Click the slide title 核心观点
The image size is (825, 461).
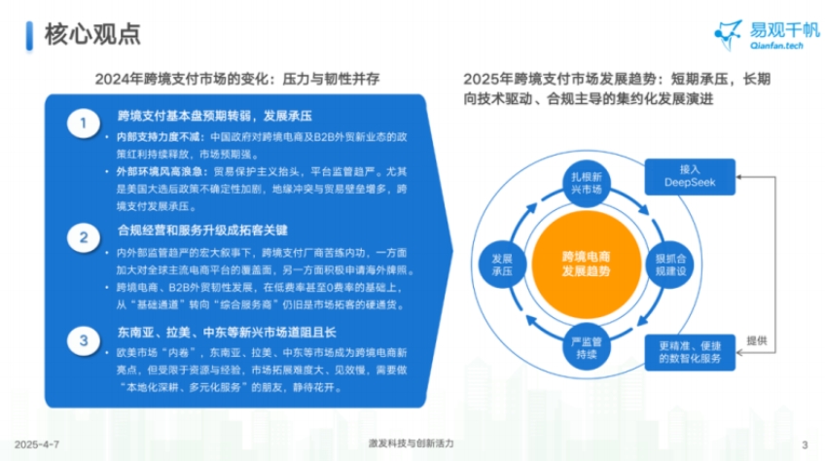pos(92,35)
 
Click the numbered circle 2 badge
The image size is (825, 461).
pos(85,237)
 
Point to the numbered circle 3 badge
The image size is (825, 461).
pos(85,339)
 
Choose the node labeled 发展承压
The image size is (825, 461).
pos(503,262)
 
